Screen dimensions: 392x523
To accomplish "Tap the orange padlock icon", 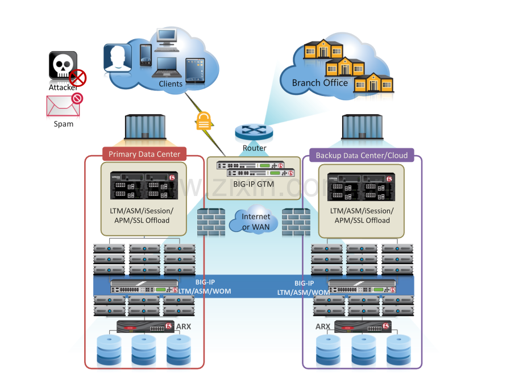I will [x=204, y=120].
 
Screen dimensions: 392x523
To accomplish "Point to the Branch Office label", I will [x=319, y=83].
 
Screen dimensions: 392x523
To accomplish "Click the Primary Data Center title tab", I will [x=144, y=154].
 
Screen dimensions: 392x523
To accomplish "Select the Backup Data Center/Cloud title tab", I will [x=362, y=155].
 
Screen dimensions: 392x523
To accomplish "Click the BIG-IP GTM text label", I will [x=254, y=184].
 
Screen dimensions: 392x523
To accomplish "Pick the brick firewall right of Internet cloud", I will [x=296, y=222].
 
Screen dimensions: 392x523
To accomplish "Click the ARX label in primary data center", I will [x=184, y=327].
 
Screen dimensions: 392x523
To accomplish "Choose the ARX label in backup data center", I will [x=323, y=327].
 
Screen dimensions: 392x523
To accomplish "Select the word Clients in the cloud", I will [x=171, y=84].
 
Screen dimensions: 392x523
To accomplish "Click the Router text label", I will [x=254, y=148].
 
